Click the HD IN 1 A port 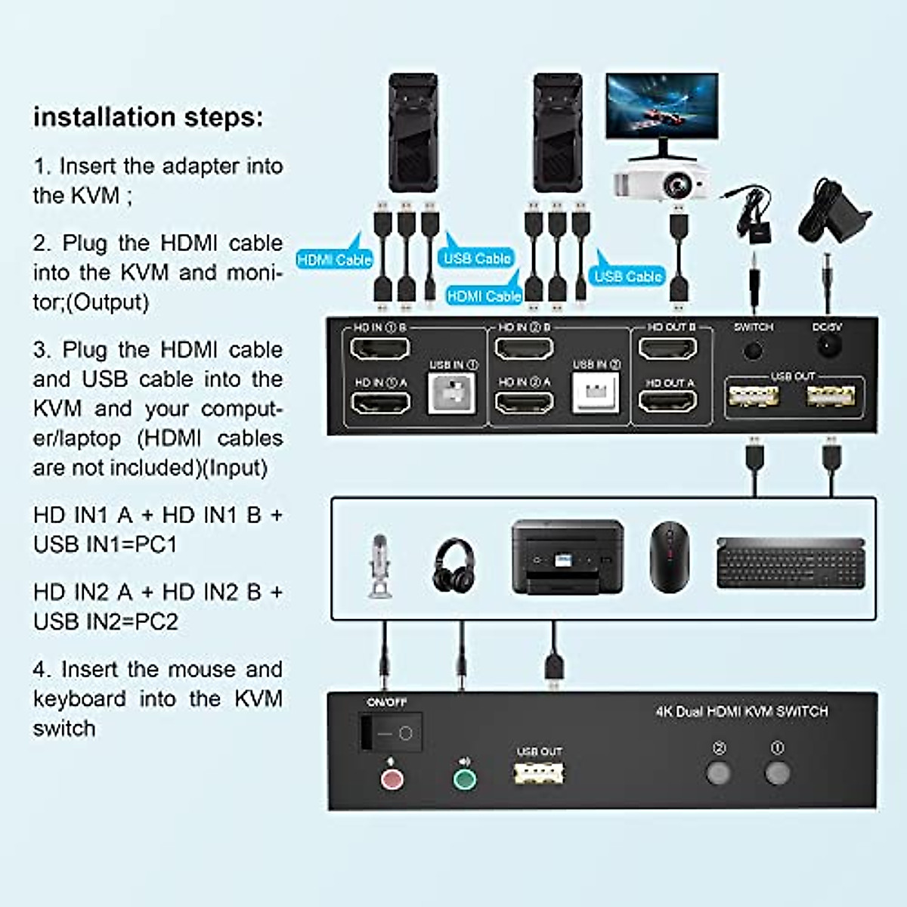(x=380, y=402)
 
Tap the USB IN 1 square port (x=452, y=393)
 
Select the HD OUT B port (x=667, y=348)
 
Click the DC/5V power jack (x=828, y=347)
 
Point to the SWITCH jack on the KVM (x=753, y=350)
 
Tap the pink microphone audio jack (x=392, y=779)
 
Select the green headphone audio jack (x=464, y=779)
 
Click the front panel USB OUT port (x=539, y=773)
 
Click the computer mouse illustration (x=669, y=557)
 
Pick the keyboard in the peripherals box (x=790, y=562)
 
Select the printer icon (x=567, y=557)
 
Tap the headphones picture (x=454, y=565)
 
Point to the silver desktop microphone (x=379, y=567)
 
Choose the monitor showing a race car (x=662, y=109)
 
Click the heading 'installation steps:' (x=148, y=117)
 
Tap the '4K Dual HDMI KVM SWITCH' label (x=741, y=712)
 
